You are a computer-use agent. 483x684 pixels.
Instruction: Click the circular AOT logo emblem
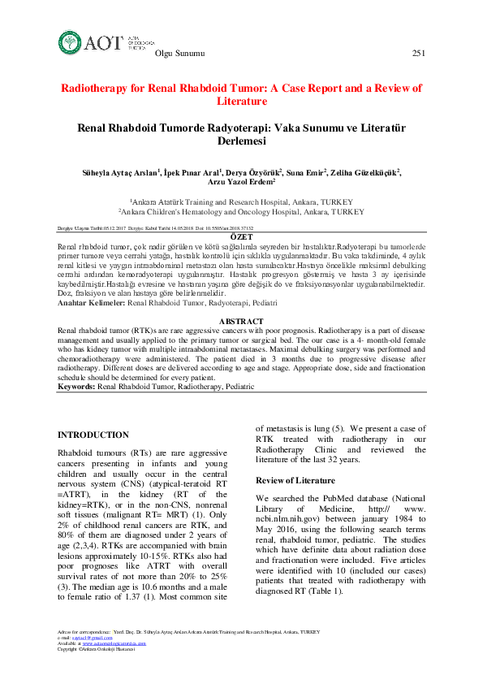coord(71,42)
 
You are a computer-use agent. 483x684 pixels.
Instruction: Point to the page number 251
coord(419,54)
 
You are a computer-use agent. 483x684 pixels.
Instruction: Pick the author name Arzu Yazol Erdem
coord(241,183)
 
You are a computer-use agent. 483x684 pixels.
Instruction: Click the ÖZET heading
coord(241,236)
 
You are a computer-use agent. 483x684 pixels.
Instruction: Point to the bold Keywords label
coord(76,387)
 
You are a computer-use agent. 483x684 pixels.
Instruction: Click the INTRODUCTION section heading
coord(93,435)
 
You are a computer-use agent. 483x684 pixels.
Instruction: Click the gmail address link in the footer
coord(86,638)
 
